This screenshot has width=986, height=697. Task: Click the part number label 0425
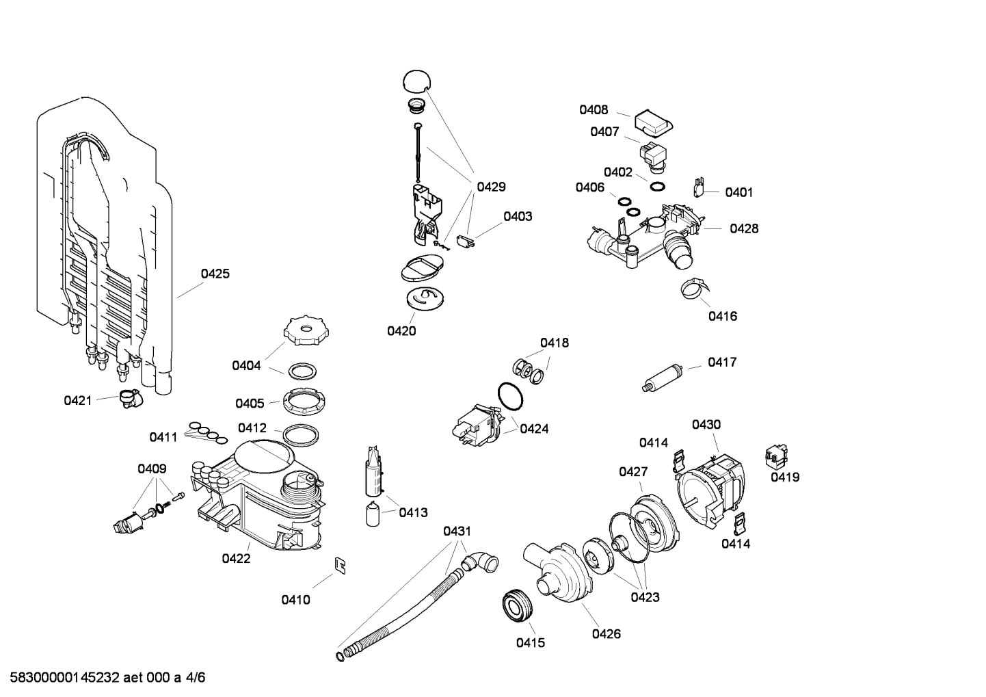(x=215, y=274)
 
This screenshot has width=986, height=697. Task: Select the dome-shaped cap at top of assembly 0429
(x=416, y=80)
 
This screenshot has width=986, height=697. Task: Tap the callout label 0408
(x=594, y=109)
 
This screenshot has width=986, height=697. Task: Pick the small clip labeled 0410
(x=339, y=564)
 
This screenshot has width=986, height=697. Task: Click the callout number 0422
(x=236, y=558)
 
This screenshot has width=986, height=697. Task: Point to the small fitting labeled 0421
(x=128, y=397)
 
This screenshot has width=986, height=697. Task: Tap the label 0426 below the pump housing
(x=606, y=633)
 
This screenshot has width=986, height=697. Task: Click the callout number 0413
(x=413, y=512)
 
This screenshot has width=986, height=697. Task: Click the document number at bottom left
(x=103, y=678)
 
